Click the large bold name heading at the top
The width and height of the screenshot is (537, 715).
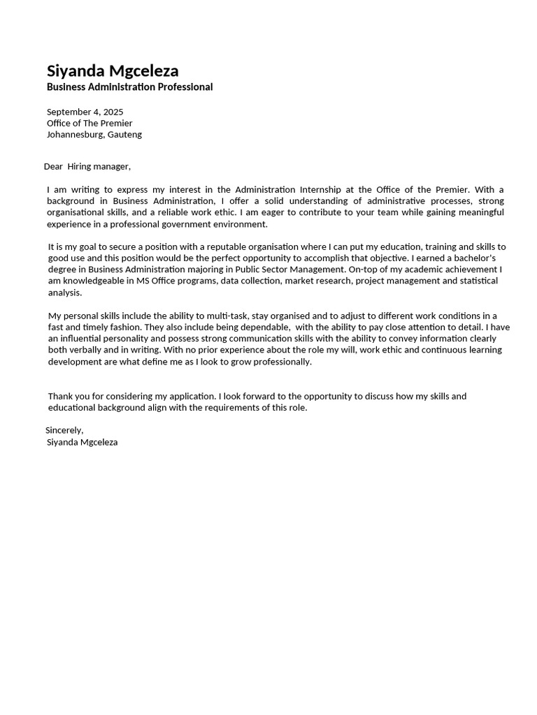[113, 71]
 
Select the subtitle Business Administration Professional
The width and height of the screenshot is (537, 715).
[129, 87]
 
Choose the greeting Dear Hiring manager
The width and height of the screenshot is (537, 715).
[87, 166]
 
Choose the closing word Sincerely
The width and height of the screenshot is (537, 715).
[64, 430]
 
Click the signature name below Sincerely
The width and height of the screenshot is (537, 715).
[82, 442]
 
